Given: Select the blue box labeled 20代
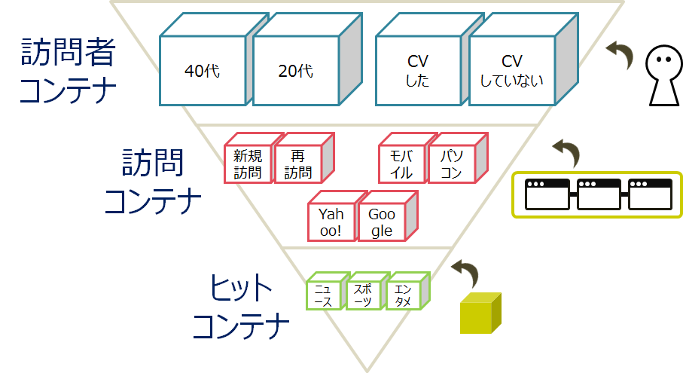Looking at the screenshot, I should [x=294, y=71].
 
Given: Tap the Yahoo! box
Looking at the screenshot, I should [x=331, y=222].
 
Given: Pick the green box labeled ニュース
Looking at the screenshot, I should [x=322, y=295].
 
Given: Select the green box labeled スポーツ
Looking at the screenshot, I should [x=363, y=295].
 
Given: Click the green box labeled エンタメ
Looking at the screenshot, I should [x=403, y=295].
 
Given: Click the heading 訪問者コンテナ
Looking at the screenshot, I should [x=68, y=72].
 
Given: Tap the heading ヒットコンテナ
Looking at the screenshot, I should [x=241, y=308].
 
